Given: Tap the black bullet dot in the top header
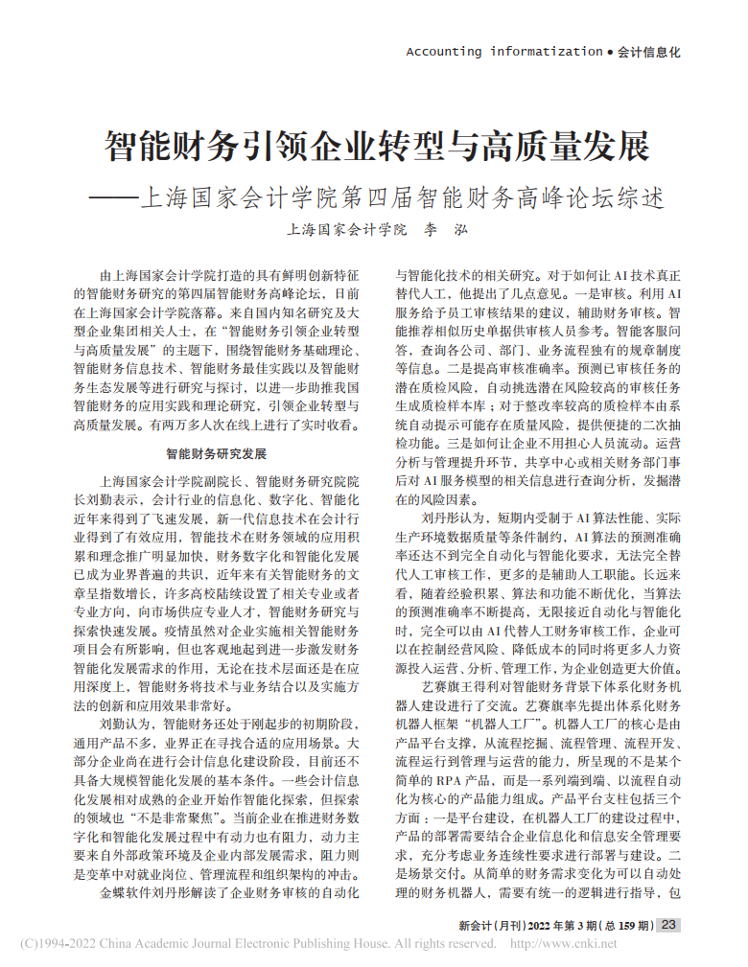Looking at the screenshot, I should pyautogui.click(x=611, y=53).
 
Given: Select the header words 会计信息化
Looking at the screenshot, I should pyautogui.click(x=648, y=53).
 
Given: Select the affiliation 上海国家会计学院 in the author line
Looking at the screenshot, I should pyautogui.click(x=347, y=230).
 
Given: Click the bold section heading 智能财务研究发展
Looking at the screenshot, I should pyautogui.click(x=217, y=452).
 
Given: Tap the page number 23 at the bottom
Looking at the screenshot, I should pyautogui.click(x=669, y=925).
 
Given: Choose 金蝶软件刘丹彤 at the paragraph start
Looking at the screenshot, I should pyautogui.click(x=154, y=892).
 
